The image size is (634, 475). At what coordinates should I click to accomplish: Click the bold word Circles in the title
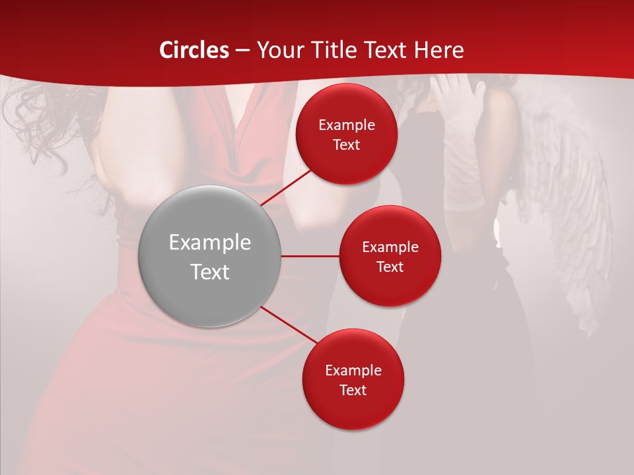(x=194, y=50)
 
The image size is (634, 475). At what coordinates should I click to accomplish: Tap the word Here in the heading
(x=439, y=50)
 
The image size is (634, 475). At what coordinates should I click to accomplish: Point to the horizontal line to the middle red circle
(x=310, y=256)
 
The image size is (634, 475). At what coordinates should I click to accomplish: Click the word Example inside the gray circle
(x=210, y=243)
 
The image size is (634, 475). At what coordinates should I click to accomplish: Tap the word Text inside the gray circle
(x=210, y=272)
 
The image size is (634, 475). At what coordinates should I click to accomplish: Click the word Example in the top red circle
(x=347, y=125)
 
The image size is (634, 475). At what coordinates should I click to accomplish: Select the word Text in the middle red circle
(x=390, y=267)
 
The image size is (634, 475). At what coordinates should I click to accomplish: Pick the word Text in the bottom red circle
(x=353, y=390)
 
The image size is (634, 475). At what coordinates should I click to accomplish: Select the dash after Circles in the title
(x=242, y=51)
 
